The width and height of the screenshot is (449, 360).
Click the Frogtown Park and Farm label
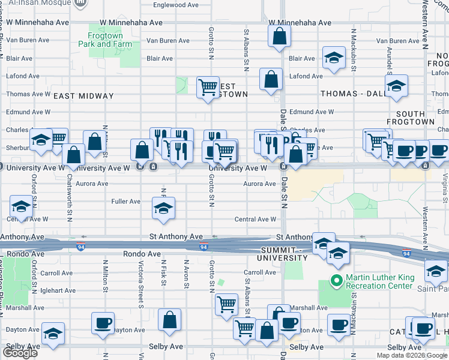click(105, 40)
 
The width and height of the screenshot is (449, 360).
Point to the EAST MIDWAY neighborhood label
click(83, 96)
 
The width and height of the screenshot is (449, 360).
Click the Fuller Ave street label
click(126, 202)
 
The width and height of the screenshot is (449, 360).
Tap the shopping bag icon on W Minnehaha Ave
click(280, 37)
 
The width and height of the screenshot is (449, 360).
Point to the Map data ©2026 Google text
click(411, 356)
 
